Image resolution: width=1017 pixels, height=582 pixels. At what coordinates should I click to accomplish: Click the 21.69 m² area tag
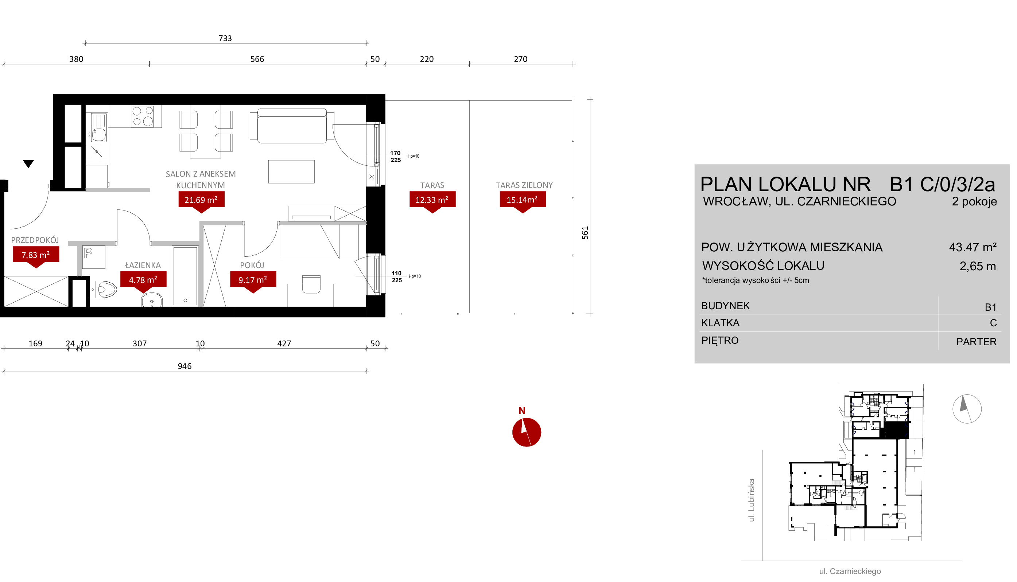[201, 200]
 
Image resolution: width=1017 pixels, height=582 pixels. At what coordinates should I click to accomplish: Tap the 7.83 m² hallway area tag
[36, 255]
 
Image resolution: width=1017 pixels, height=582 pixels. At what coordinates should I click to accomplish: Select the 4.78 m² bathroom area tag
[143, 280]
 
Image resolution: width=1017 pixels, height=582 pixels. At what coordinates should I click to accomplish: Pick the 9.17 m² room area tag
[253, 280]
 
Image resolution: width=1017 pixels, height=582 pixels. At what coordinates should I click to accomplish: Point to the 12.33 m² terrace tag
[432, 200]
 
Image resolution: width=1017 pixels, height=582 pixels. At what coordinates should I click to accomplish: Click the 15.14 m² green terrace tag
[523, 200]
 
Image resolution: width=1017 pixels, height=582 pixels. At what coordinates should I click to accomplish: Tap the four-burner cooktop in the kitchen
[143, 116]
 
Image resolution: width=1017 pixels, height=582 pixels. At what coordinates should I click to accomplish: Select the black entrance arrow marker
[28, 164]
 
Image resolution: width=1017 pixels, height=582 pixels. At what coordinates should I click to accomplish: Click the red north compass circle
[527, 432]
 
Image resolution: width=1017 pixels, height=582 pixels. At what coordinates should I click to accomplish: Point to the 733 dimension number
[225, 38]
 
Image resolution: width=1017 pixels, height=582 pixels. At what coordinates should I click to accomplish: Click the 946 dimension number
[185, 366]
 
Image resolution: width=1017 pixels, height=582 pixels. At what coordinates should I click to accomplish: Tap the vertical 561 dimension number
[585, 233]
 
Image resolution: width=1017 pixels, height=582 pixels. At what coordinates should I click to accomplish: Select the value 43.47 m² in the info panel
[973, 247]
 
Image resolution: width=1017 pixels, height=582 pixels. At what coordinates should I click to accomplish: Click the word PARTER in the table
[976, 342]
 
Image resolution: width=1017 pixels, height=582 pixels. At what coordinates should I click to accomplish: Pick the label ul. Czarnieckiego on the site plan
[850, 571]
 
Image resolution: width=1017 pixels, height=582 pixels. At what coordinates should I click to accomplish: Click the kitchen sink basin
[99, 135]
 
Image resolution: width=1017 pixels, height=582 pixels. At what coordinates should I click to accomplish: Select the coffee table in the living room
[291, 172]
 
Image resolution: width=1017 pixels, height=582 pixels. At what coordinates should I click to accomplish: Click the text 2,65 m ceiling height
[977, 266]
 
